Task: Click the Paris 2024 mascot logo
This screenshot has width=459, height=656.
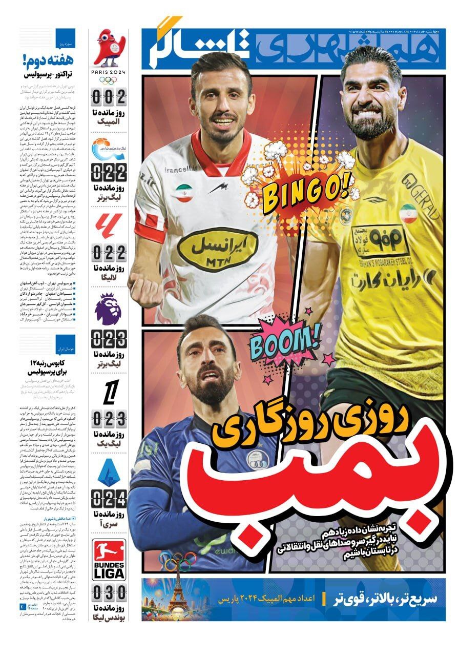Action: pyautogui.click(x=108, y=49)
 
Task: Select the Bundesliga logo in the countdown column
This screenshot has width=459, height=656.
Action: pyautogui.click(x=109, y=560)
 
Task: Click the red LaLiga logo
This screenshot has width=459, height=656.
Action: pyautogui.click(x=109, y=227)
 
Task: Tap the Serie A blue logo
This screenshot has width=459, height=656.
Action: pyautogui.click(x=109, y=473)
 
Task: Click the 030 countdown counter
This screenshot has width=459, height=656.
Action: pyautogui.click(x=109, y=593)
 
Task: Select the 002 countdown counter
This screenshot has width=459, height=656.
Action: pyautogui.click(x=109, y=96)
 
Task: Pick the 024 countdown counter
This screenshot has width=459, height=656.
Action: pyautogui.click(x=109, y=497)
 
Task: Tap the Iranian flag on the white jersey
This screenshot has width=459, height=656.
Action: pyautogui.click(x=184, y=193)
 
